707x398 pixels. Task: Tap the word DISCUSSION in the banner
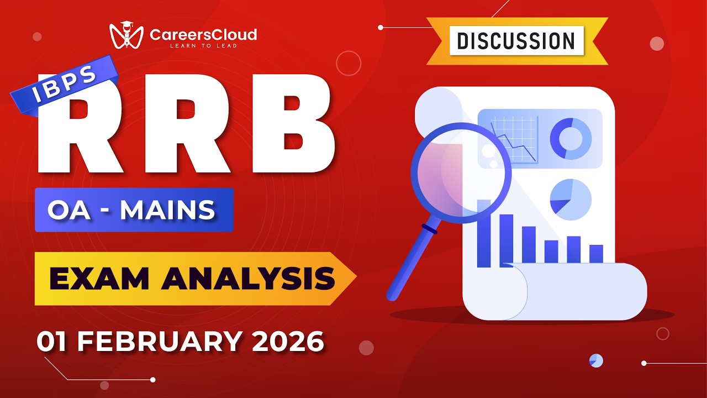(x=516, y=41)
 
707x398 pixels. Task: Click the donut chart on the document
(x=570, y=138)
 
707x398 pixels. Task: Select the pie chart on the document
(x=570, y=199)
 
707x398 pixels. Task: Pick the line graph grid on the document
(x=514, y=138)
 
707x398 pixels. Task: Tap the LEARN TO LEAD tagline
(x=203, y=46)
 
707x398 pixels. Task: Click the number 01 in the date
(x=52, y=342)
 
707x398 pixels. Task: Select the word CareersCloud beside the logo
(x=203, y=34)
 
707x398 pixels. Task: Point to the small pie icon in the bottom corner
(x=596, y=360)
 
